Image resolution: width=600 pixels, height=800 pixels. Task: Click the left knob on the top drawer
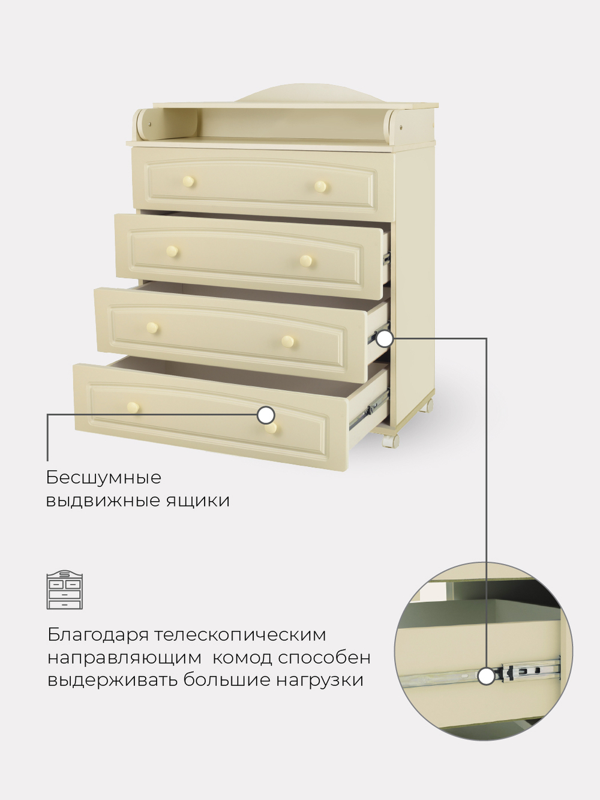pos(189,181)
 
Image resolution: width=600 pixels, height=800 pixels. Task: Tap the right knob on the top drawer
pos(322,187)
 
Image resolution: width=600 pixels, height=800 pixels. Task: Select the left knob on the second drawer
pos(172,251)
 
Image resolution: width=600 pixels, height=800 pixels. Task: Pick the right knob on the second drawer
pos(306,260)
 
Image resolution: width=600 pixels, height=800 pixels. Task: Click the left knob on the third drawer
pos(153,328)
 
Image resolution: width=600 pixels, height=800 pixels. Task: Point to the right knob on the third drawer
pos(289,341)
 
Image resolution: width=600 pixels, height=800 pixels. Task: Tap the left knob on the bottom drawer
pos(133,407)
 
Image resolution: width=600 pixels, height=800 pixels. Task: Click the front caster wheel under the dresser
pos(390,440)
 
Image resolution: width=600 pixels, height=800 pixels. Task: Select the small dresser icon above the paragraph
pos(65,590)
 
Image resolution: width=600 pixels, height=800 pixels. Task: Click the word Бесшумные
pos(104,478)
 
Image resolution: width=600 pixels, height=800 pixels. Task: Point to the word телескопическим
pos(240,635)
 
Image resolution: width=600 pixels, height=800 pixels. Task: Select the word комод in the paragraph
pos(242,658)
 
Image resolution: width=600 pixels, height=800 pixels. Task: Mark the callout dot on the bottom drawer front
pos(266,415)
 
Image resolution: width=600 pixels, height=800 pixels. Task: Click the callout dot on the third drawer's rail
pos(385,339)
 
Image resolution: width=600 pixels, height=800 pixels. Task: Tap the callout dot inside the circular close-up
pos(487,676)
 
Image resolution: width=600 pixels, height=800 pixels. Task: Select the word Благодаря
pos(97,635)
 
